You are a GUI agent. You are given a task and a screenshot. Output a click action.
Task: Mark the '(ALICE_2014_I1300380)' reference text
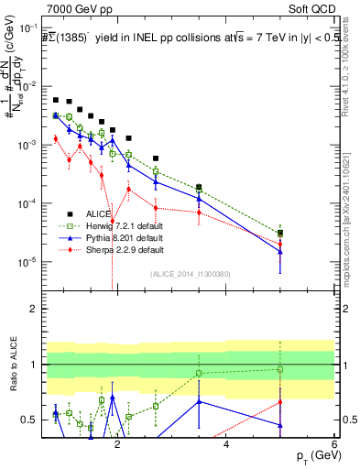pyautogui.click(x=190, y=273)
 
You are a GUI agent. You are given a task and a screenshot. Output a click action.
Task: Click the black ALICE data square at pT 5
pyautogui.click(x=280, y=234)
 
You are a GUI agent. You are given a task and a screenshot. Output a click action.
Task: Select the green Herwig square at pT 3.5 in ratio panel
pyautogui.click(x=199, y=373)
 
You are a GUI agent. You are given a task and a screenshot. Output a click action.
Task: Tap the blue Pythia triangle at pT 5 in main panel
pyautogui.click(x=280, y=252)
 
